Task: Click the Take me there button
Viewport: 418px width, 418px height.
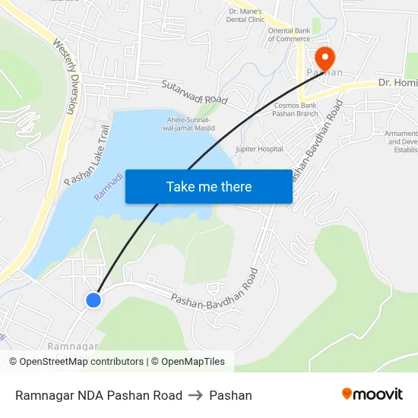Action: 209,187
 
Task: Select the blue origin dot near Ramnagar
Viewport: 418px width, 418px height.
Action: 93,300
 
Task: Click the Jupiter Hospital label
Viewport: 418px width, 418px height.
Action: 260,150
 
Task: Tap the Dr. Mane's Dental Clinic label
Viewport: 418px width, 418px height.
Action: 245,15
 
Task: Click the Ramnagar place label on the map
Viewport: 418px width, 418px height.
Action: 73,346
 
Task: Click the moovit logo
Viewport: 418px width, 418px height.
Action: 372,394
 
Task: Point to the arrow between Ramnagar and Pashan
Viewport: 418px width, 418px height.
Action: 195,395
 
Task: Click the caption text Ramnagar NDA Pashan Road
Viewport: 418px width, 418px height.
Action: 99,395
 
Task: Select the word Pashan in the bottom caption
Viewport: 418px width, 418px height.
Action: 230,395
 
